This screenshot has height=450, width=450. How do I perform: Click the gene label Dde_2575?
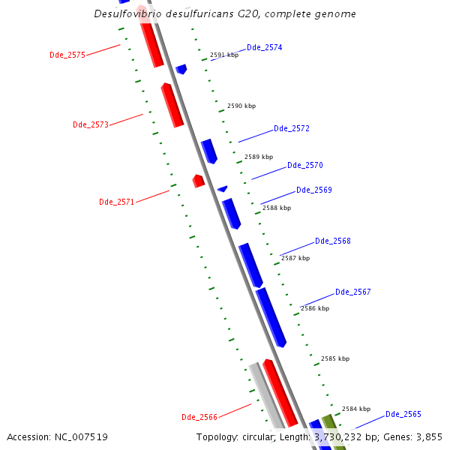67,55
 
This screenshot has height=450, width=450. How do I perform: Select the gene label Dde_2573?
91,124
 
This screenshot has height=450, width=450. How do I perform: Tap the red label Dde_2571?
117,202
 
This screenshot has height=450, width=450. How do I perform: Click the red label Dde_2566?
199,417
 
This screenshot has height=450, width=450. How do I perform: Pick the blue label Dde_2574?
264,47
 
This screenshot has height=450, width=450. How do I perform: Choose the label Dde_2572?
291,128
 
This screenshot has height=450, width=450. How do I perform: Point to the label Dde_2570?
304,165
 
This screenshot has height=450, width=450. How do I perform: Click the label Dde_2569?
313,190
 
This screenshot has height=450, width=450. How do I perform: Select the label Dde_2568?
332,241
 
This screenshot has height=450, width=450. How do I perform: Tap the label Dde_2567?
352,292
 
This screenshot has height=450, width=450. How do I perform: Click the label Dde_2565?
403,414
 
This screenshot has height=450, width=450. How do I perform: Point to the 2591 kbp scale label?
223,55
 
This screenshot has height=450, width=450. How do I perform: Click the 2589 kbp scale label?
259,157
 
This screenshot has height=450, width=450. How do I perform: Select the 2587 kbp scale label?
295,258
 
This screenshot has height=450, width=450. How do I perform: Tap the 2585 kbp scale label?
334,358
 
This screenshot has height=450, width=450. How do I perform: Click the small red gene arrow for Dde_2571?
198,181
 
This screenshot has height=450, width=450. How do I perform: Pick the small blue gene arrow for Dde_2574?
181,69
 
